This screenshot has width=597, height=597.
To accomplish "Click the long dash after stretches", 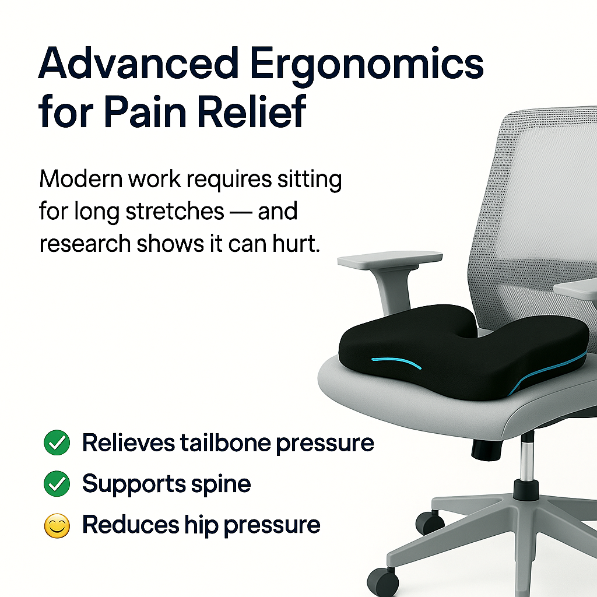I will (x=240, y=212).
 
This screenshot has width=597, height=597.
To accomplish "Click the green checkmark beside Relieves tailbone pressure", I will (x=57, y=444).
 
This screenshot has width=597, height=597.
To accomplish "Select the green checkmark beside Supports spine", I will (x=57, y=484).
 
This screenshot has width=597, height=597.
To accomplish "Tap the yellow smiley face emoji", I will (x=57, y=526).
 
